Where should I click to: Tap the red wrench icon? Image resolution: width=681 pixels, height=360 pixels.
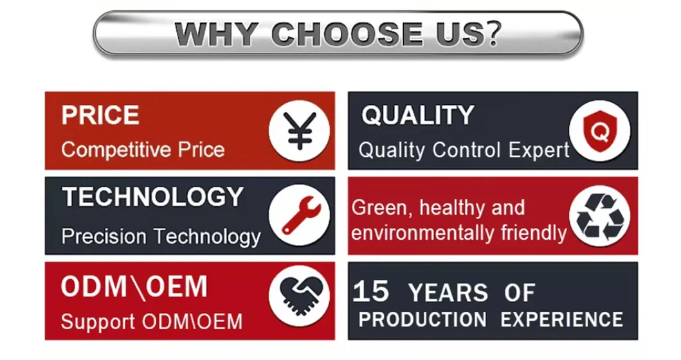[299, 216]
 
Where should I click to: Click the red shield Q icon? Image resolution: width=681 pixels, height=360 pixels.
[600, 130]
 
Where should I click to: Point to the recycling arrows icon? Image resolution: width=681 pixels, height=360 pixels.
[600, 216]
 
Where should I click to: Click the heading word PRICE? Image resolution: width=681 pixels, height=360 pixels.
[100, 116]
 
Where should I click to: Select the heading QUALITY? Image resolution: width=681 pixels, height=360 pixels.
[417, 116]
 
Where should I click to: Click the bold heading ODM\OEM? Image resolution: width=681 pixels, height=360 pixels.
[134, 287]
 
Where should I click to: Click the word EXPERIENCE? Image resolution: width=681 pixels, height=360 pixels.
[561, 319]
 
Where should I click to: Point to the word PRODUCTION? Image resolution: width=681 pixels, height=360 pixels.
[422, 319]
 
